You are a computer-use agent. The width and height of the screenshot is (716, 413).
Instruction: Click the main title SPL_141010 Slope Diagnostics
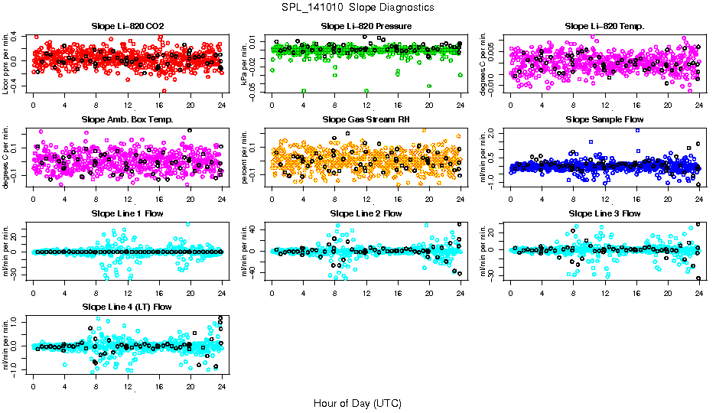(358, 7)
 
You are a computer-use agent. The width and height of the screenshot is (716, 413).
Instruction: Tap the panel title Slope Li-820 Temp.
(604, 27)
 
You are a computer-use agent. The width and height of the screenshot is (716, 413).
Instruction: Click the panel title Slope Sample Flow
(604, 120)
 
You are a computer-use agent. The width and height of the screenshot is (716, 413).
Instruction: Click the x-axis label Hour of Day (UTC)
(357, 402)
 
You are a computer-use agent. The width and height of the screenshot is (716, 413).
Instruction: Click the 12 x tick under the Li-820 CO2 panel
(128, 106)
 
